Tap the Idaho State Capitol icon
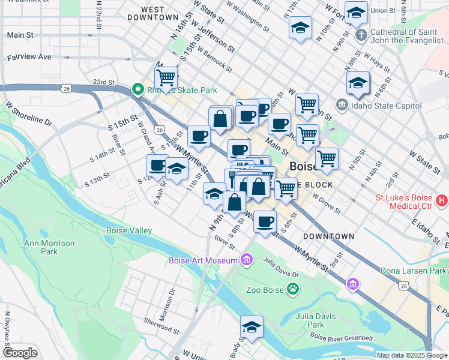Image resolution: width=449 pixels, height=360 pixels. click(342, 106)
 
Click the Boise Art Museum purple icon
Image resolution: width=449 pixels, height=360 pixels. click(246, 260)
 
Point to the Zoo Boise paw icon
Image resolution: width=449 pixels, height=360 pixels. click(292, 290)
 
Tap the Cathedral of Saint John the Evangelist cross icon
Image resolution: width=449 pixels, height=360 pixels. click(361, 34)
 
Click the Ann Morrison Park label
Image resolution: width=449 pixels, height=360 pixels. click(49, 247)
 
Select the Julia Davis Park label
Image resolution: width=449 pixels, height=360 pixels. click(310, 320)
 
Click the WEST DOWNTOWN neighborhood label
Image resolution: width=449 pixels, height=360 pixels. click(154, 13)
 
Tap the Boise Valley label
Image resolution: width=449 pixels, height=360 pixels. click(129, 230)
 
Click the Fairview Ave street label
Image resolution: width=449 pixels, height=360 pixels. click(29, 58)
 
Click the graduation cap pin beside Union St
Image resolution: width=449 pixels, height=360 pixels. click(357, 13)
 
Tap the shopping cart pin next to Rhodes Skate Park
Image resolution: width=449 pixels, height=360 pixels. click(166, 77)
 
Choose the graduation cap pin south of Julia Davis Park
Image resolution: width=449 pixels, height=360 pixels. click(252, 327)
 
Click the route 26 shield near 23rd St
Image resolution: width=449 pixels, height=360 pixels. click(65, 88)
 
